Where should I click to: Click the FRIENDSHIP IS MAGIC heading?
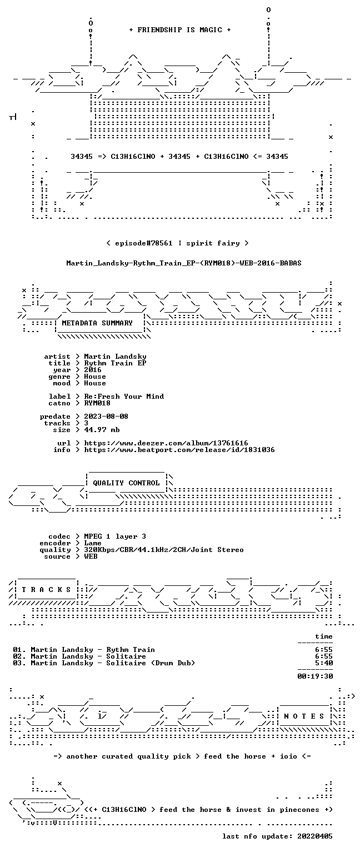(180, 29)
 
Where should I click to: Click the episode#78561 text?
(144, 243)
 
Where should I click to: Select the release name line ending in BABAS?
(184, 263)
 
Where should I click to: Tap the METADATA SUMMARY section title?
(97, 323)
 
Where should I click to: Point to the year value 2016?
(93, 370)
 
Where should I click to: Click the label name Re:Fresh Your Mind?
(124, 397)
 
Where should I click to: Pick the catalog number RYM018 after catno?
(97, 403)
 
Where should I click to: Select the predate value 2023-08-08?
(106, 416)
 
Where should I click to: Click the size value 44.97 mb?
(102, 429)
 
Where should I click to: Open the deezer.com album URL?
(166, 443)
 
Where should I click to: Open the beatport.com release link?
(179, 450)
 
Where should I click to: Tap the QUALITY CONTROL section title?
(126, 483)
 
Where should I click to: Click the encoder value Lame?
(93, 543)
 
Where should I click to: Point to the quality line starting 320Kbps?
(164, 549)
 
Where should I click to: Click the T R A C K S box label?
(47, 589)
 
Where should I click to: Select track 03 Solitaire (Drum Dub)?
(104, 663)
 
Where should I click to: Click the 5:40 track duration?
(324, 663)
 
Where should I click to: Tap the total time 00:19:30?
(315, 676)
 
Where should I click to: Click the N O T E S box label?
(304, 716)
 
